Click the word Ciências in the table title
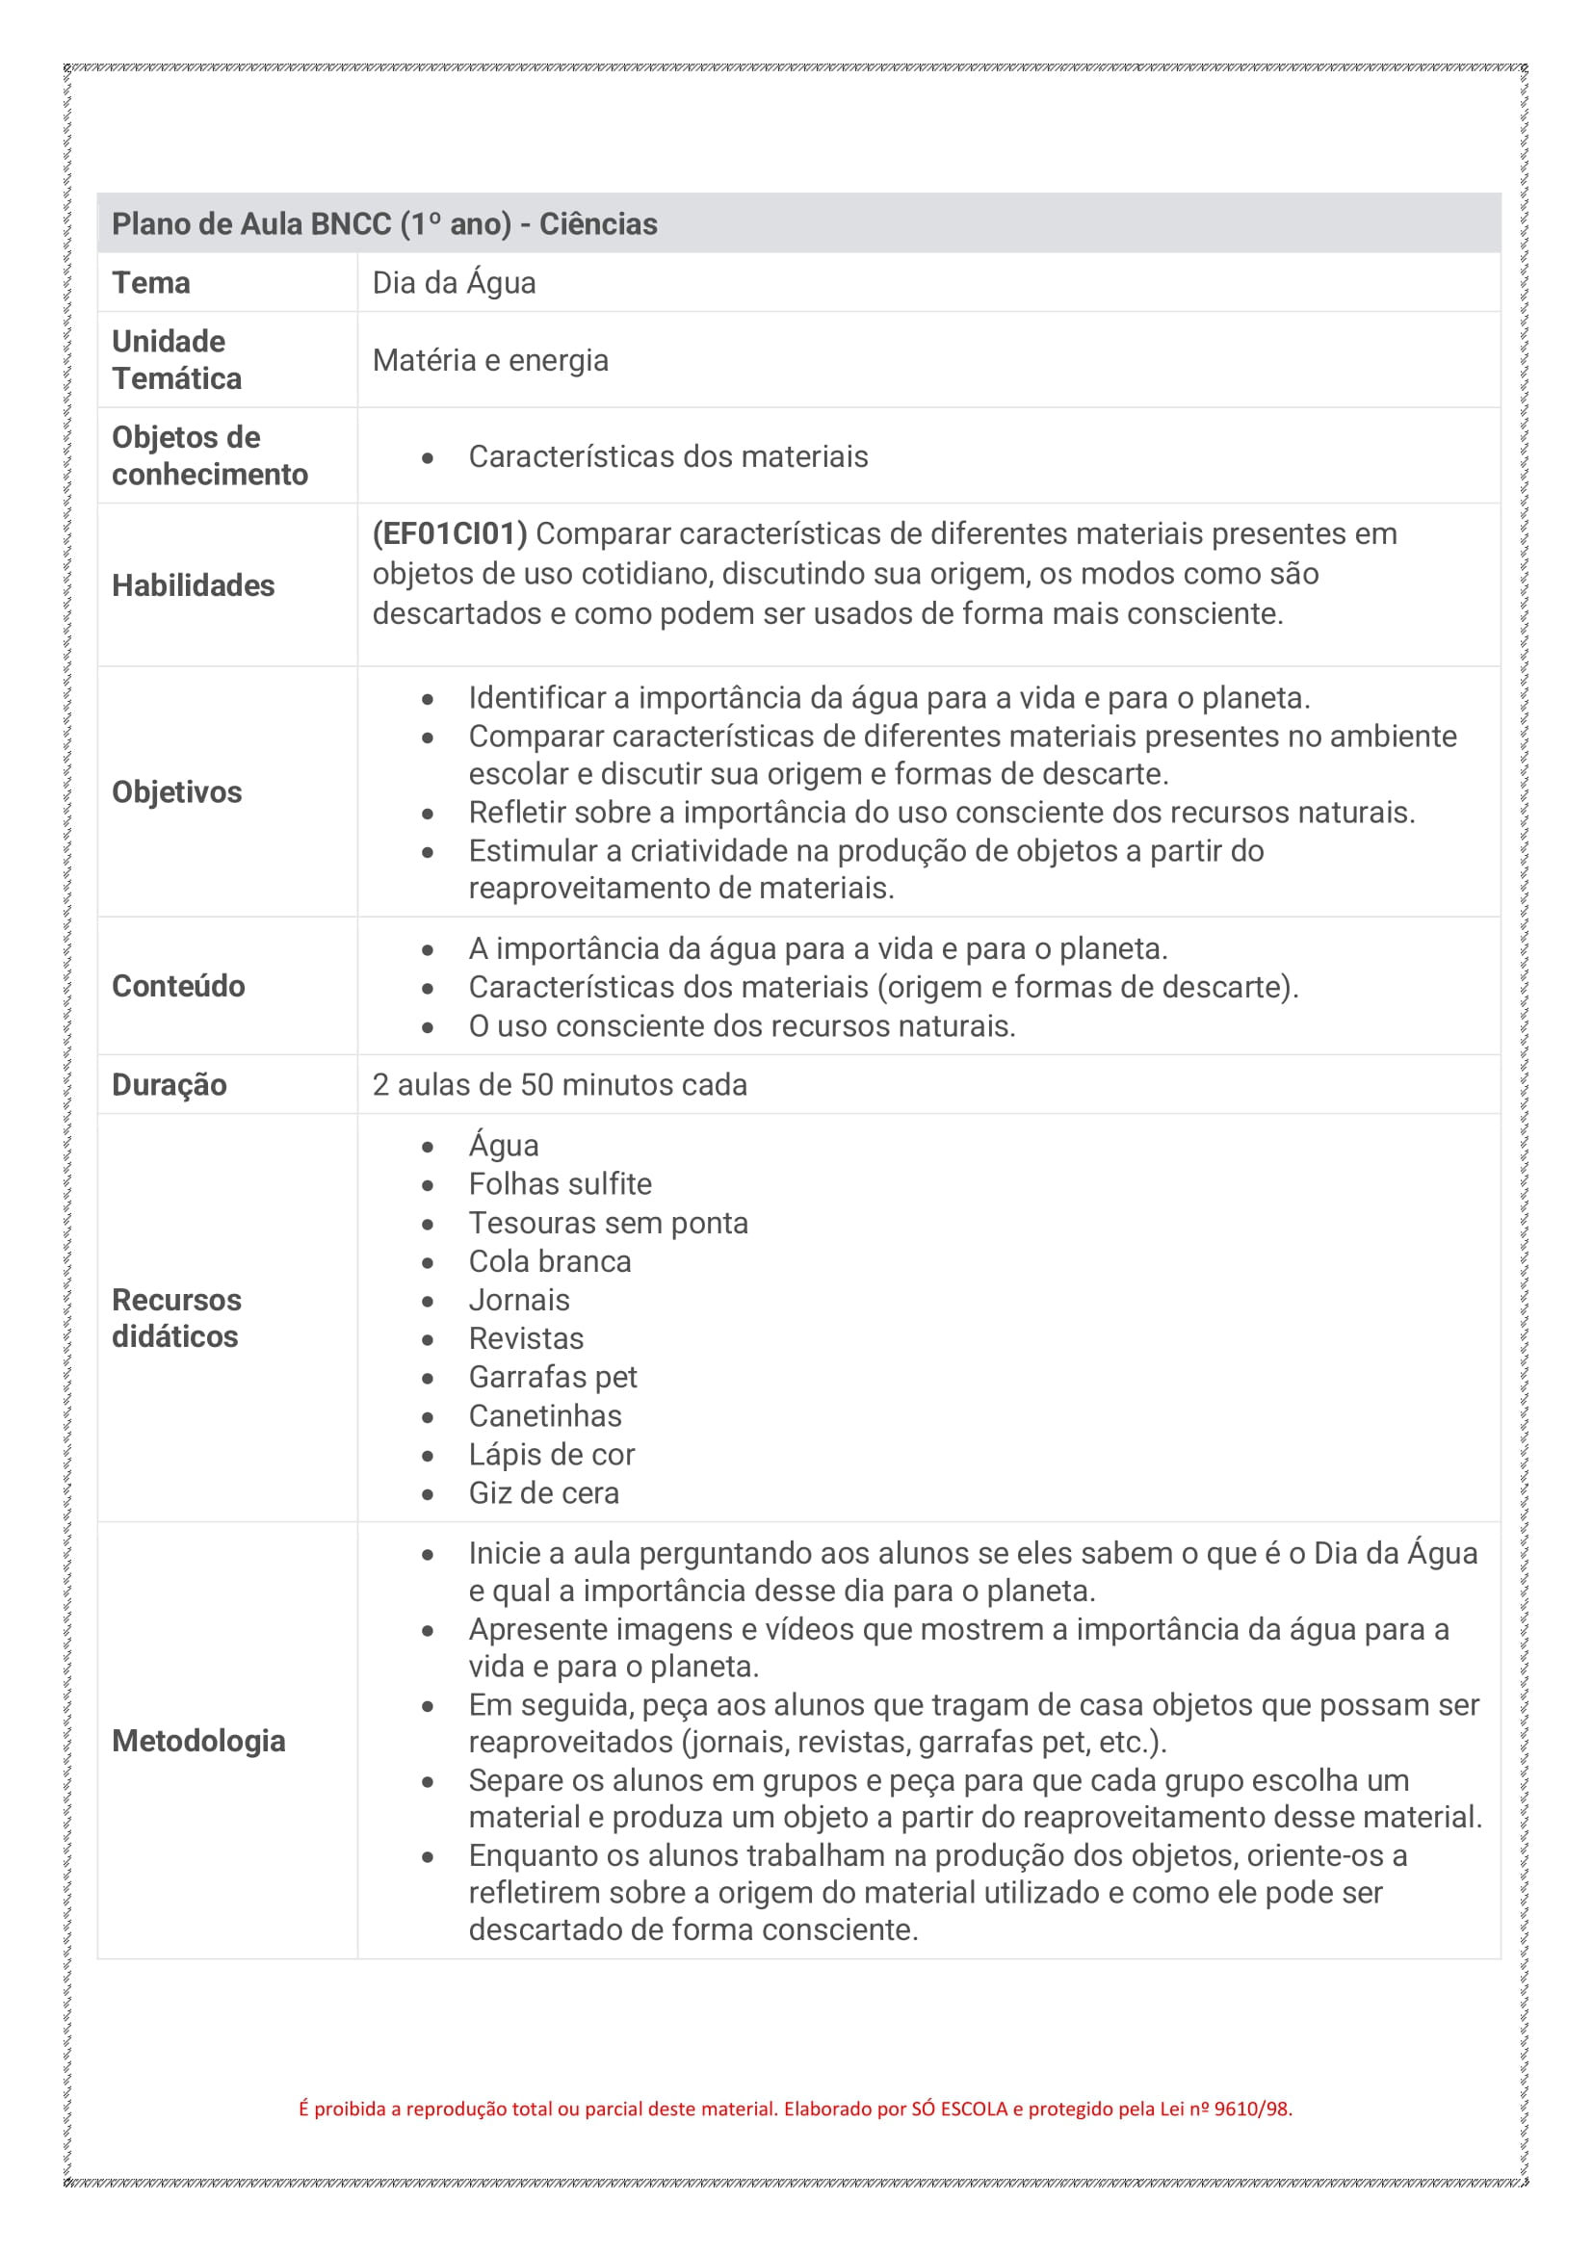coord(598,224)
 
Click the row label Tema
coord(151,283)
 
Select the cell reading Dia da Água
coord(455,283)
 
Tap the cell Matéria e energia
coord(490,361)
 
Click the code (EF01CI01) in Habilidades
coord(449,534)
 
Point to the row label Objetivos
coord(176,792)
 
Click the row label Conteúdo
coord(178,987)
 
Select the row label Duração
coord(169,1086)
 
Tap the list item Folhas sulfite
coord(561,1185)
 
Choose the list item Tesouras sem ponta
coord(608,1224)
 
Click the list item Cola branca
coord(549,1262)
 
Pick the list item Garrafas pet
coord(552,1378)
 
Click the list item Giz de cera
coord(543,1494)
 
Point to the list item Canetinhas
coord(544,1416)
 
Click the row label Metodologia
coord(198,1741)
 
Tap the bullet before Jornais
coord(428,1303)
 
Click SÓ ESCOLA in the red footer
coord(959,2110)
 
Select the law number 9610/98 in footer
coord(1253,2110)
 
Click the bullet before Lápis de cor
coord(428,1457)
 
